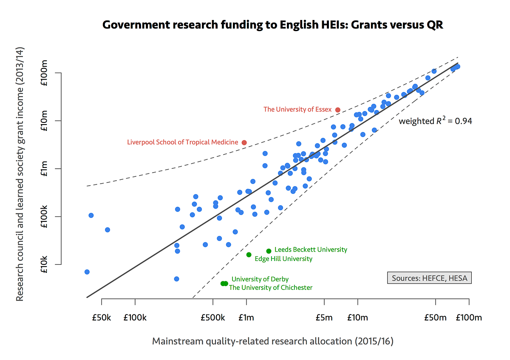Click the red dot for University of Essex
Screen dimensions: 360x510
[338, 110]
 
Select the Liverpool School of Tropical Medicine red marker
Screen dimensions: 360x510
[244, 142]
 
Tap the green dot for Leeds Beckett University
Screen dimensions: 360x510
[269, 251]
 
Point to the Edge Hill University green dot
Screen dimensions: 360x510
[249, 255]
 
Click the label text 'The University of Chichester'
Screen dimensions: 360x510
[271, 288]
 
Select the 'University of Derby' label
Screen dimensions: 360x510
[260, 279]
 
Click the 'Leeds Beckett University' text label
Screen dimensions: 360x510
[311, 249]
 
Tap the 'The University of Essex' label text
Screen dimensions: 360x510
[297, 109]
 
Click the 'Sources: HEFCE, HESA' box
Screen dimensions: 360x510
[429, 278]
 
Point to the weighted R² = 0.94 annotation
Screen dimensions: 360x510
[435, 121]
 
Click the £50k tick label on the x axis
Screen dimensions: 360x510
[101, 317]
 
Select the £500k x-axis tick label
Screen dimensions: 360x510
[213, 317]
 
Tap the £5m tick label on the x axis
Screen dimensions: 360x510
[324, 317]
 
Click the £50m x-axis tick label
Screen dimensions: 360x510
[436, 317]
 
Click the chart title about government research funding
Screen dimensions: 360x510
[272, 25]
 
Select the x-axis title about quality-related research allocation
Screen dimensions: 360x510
[272, 341]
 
